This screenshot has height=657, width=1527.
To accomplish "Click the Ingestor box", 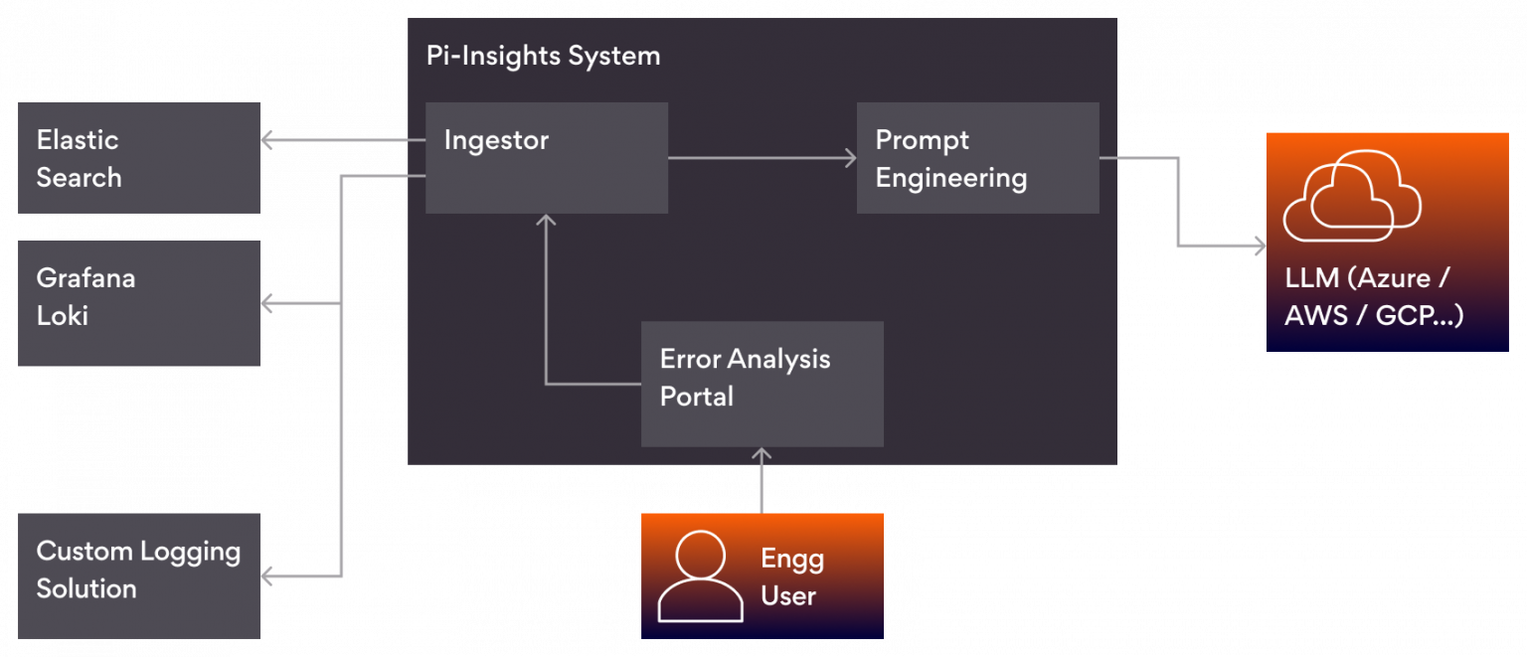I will tap(546, 157).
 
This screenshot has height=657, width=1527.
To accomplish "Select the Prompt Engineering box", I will tap(977, 157).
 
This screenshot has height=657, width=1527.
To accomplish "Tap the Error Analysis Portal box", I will tap(762, 383).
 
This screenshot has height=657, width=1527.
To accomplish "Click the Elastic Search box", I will tap(139, 157).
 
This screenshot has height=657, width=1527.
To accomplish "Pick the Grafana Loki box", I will tap(139, 303).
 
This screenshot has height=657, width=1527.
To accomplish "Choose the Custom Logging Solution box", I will tap(139, 575).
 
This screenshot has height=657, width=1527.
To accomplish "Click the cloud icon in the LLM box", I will tap(1351, 196).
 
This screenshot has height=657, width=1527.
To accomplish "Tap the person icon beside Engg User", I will tap(700, 575).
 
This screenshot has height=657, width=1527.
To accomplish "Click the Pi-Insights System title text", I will tap(543, 56).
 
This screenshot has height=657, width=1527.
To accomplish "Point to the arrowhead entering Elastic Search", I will tap(266, 140).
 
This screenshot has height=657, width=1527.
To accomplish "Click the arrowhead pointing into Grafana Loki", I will tap(266, 302).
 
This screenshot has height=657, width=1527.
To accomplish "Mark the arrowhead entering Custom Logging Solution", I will tap(266, 575).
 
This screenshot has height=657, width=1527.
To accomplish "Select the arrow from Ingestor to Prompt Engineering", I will tap(761, 157).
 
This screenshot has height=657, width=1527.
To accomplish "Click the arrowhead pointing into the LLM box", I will tap(1260, 246).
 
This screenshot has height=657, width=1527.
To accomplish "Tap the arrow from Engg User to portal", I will tap(762, 481).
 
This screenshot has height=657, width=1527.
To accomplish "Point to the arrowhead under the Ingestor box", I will tap(545, 220).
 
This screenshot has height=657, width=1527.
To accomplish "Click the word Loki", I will tap(63, 316).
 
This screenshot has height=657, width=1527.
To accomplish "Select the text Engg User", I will tap(791, 576).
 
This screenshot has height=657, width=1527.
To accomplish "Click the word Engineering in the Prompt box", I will tap(950, 179).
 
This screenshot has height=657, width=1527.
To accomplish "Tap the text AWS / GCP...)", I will tap(1373, 315).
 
